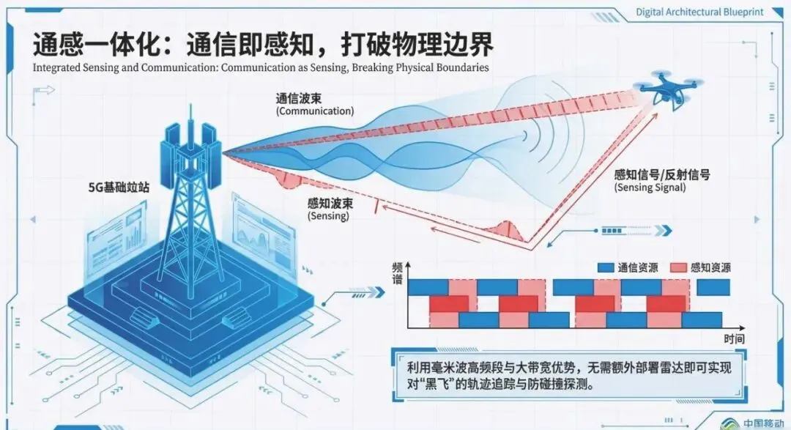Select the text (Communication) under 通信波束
coord(315,111)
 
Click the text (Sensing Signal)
coord(650,188)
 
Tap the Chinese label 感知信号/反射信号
coord(663,174)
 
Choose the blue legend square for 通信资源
coord(606,267)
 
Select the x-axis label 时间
coord(735,338)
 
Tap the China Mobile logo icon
coord(732,422)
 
